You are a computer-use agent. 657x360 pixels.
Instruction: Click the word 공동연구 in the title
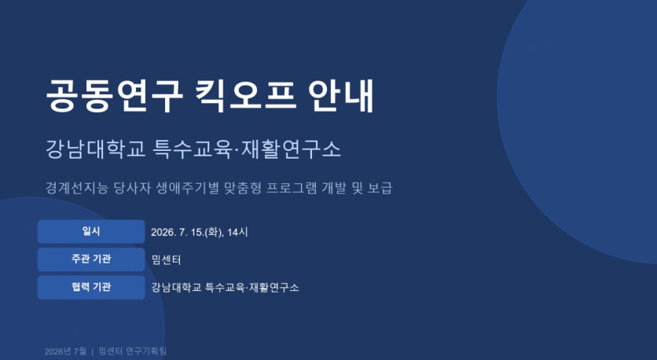tap(114, 96)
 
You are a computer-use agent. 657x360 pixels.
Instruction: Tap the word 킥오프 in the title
tap(246, 96)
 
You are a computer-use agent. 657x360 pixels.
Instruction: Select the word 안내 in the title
tap(340, 96)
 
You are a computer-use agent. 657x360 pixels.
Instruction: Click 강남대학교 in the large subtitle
tap(96, 149)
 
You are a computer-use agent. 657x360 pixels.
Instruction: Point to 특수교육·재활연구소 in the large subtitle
tap(248, 149)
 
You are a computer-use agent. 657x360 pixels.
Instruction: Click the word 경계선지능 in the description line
tap(77, 188)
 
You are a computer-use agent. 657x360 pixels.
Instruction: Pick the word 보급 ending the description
tap(380, 188)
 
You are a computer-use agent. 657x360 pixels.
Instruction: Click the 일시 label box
tap(91, 231)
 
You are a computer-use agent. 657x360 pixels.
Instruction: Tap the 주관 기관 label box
tap(91, 259)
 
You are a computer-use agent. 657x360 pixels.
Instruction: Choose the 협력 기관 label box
tap(91, 288)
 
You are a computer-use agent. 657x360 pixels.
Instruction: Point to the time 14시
tap(237, 232)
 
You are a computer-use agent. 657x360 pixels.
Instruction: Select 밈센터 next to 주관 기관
tap(166, 260)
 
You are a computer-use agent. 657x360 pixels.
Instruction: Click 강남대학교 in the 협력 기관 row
tap(176, 288)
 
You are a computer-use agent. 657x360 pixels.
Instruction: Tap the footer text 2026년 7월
tap(65, 351)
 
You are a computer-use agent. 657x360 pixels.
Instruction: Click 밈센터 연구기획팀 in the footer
tap(132, 351)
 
